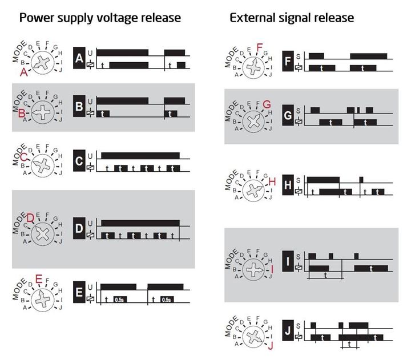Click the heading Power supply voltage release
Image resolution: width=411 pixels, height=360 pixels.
[100, 18]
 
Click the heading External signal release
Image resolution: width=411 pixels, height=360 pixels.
[292, 18]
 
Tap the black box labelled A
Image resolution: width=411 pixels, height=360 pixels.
[79, 58]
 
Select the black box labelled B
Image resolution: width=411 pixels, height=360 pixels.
[79, 107]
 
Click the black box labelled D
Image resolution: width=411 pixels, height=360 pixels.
[79, 228]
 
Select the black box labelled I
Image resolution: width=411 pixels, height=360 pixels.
[288, 262]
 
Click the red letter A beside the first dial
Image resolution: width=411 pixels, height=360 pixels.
[24, 72]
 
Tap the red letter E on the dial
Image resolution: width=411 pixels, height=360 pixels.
[39, 279]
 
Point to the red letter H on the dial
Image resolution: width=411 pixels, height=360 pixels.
[272, 181]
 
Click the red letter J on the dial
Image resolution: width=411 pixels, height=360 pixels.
[271, 345]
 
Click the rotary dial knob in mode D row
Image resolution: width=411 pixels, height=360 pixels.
[43, 233]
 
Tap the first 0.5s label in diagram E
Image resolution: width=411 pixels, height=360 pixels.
[119, 300]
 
